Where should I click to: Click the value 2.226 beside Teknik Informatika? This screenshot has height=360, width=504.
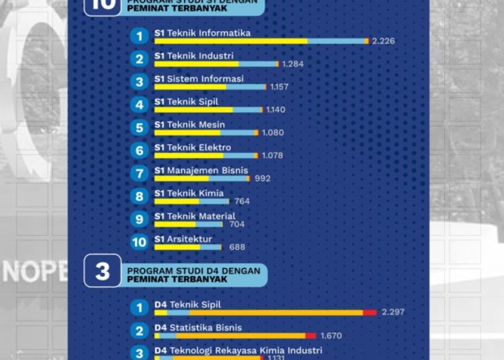click(x=383, y=41)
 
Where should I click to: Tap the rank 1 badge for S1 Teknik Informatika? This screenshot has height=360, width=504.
click(x=139, y=36)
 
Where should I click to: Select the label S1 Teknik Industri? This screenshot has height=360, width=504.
click(x=194, y=56)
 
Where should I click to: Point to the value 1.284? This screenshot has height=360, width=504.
click(x=294, y=64)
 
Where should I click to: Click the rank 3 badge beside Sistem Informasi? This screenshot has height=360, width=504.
click(x=139, y=82)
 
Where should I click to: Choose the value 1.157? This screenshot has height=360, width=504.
click(x=279, y=87)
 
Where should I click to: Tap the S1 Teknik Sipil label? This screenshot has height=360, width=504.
click(x=187, y=101)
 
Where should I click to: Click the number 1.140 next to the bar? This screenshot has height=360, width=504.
click(x=276, y=109)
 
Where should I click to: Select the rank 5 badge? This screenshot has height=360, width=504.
click(x=139, y=128)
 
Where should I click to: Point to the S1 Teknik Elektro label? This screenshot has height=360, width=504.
click(x=192, y=147)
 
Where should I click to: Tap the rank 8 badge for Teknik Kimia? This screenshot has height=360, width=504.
click(x=139, y=196)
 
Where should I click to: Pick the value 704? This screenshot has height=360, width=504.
click(x=237, y=224)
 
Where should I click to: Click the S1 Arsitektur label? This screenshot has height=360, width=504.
click(x=183, y=238)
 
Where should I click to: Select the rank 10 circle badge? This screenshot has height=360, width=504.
click(x=139, y=242)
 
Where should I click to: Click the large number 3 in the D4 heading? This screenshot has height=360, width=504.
click(x=102, y=271)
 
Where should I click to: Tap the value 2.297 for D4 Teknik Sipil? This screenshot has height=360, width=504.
click(x=392, y=312)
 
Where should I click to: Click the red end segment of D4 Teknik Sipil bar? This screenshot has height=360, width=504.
click(x=370, y=312)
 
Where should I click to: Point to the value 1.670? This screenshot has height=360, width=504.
click(x=332, y=335)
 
